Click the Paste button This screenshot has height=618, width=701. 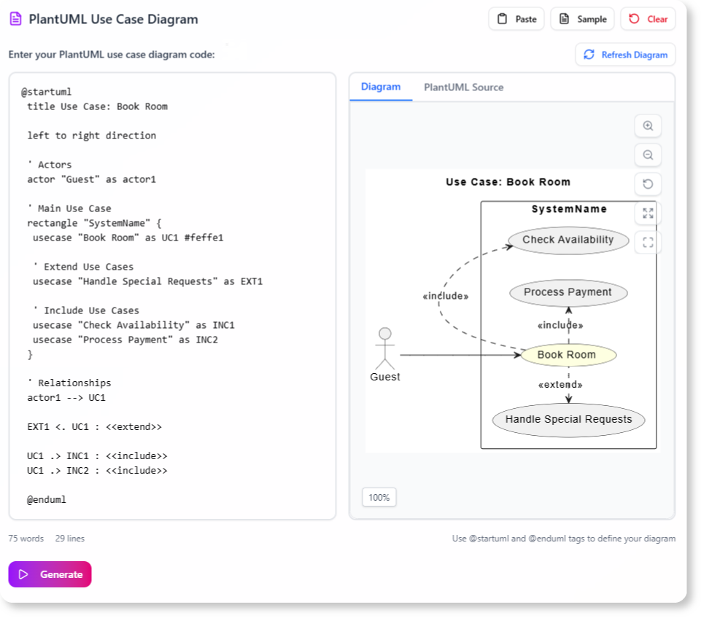[x=516, y=20]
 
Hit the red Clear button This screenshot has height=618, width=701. [x=648, y=20]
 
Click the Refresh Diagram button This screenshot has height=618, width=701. [x=625, y=55]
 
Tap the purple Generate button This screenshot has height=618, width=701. [x=50, y=574]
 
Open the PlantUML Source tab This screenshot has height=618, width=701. [x=463, y=87]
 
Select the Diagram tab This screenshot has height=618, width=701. [x=381, y=87]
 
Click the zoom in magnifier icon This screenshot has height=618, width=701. [x=648, y=126]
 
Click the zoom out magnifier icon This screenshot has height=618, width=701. [x=648, y=155]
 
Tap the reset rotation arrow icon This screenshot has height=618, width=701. [x=648, y=184]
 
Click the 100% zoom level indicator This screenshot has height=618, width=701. [x=379, y=498]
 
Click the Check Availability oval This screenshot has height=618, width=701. [x=568, y=240]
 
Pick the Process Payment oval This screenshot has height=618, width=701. [x=568, y=293]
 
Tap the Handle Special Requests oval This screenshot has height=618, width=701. [x=568, y=420]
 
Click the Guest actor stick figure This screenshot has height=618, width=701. [x=384, y=348]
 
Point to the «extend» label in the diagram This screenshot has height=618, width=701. [x=559, y=385]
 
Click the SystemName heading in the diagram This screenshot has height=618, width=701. [x=569, y=209]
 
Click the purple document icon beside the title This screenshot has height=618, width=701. [x=15, y=20]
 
